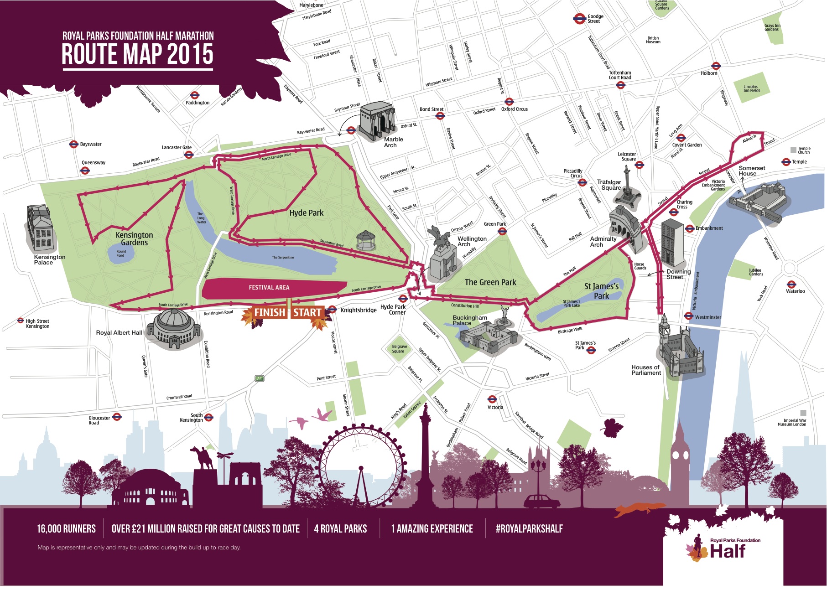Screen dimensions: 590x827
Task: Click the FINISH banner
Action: [269, 312]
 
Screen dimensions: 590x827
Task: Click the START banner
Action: [307, 312]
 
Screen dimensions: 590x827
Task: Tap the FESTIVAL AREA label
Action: [269, 287]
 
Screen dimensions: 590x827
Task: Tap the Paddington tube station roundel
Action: [195, 95]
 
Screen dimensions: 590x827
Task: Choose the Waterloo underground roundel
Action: [791, 284]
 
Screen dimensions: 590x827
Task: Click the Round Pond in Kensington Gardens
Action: [121, 253]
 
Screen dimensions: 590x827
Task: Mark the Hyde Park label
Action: [307, 213]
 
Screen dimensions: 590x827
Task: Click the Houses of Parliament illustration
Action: [680, 351]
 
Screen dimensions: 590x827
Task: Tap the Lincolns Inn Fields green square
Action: [751, 88]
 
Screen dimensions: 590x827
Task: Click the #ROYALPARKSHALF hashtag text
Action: [529, 529]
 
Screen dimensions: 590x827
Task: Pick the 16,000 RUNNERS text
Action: [67, 529]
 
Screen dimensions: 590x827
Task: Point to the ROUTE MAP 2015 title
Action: [137, 54]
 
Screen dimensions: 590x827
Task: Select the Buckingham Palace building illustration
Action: [488, 337]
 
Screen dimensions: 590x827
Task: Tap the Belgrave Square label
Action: [399, 349]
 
